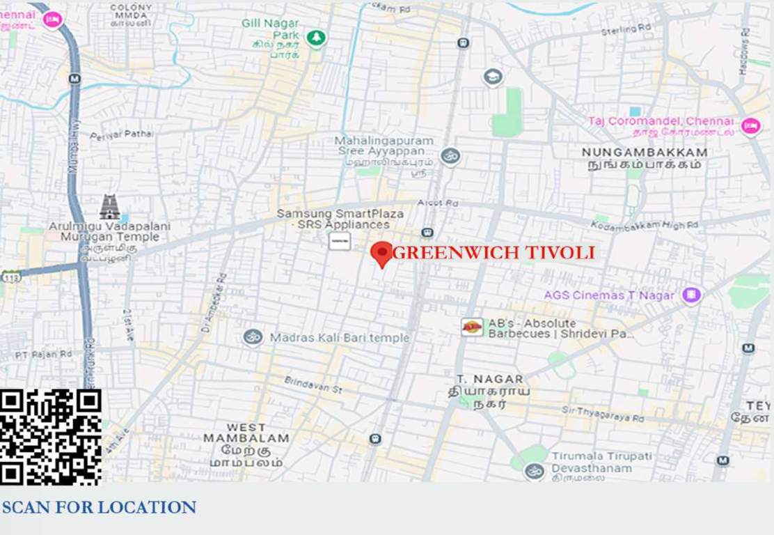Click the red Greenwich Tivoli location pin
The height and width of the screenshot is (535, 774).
click(x=381, y=254)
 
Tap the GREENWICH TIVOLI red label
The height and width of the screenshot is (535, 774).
click(x=493, y=253)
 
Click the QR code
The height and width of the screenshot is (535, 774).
click(x=51, y=437)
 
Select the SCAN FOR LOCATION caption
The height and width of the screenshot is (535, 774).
click(x=99, y=507)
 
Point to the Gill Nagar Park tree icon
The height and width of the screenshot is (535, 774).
click(x=317, y=37)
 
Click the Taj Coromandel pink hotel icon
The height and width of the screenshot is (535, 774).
click(x=750, y=126)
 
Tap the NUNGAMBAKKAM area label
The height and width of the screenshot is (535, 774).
click(x=644, y=153)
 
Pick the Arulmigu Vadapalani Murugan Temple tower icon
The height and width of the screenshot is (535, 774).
click(x=109, y=207)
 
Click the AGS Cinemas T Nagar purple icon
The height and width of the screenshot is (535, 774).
click(x=691, y=295)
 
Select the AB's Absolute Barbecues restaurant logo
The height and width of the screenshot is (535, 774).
click(x=472, y=327)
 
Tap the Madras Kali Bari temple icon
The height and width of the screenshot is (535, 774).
click(x=253, y=337)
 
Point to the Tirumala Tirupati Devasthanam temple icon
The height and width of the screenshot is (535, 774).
click(x=534, y=471)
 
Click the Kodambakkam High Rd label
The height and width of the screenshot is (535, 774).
click(x=645, y=226)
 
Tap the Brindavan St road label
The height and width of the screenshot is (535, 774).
click(x=313, y=385)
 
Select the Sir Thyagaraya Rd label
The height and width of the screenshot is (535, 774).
click(x=603, y=415)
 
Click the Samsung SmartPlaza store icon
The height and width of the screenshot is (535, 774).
click(x=340, y=241)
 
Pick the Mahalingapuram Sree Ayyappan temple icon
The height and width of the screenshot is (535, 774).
click(x=450, y=156)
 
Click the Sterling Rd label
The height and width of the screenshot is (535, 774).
click(x=629, y=29)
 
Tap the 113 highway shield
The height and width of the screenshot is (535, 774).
click(x=10, y=277)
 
